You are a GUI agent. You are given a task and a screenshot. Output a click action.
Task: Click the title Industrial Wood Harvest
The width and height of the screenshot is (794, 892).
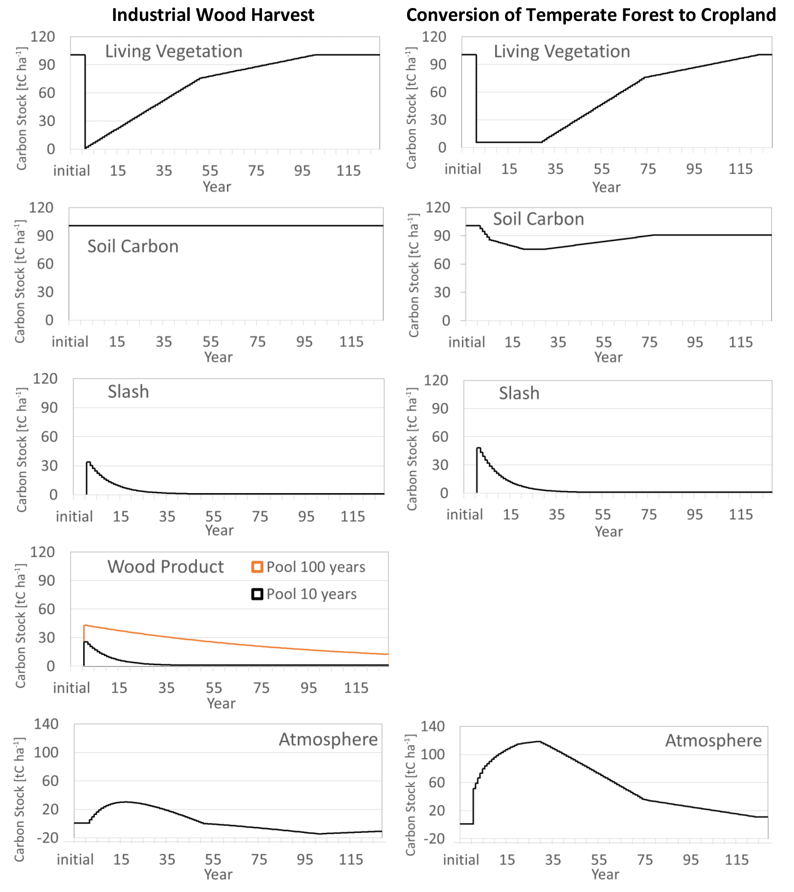213,15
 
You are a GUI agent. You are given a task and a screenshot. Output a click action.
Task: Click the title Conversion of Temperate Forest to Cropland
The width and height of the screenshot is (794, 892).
591,15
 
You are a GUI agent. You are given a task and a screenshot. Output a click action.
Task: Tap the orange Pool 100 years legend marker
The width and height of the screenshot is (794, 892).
257,567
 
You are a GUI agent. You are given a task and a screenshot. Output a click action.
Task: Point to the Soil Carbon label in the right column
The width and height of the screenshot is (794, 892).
538,219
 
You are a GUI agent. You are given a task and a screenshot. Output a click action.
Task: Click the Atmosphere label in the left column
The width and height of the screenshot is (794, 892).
328,739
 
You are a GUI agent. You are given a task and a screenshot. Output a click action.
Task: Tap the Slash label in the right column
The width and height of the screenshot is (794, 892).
519,393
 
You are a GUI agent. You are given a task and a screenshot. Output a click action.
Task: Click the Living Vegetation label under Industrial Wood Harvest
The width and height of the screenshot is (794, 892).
174,51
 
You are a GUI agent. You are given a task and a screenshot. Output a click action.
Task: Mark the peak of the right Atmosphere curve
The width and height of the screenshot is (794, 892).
539,741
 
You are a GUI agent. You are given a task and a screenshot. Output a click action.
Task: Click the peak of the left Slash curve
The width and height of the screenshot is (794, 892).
88,462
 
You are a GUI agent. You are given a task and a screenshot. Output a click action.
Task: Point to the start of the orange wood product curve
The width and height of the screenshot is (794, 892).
85,625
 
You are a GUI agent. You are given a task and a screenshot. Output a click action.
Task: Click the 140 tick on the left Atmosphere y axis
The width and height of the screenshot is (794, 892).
46,724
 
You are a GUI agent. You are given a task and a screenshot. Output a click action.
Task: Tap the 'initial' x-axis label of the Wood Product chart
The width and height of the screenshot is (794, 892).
72,688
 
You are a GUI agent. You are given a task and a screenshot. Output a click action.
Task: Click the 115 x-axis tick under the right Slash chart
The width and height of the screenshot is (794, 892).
741,514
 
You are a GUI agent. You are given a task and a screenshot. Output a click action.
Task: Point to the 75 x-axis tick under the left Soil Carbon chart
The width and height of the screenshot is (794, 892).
258,341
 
